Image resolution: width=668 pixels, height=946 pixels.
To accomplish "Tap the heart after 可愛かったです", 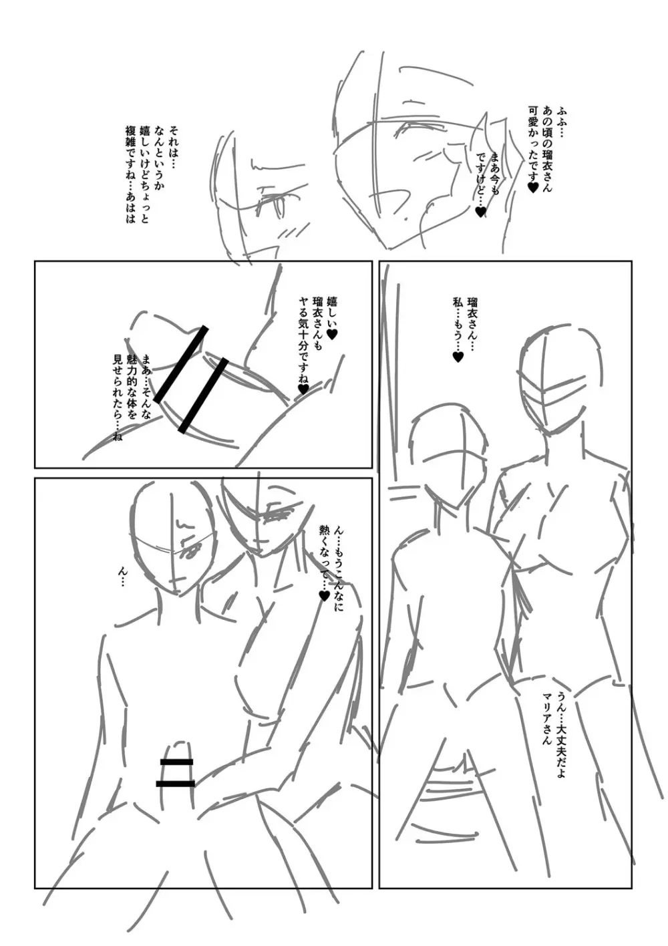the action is [x=533, y=188].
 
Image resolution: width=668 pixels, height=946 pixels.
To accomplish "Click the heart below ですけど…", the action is [x=480, y=212].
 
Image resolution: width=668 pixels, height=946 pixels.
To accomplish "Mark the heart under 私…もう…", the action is [x=458, y=357].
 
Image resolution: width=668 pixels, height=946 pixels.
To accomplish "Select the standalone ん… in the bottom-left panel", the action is [x=121, y=577].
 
